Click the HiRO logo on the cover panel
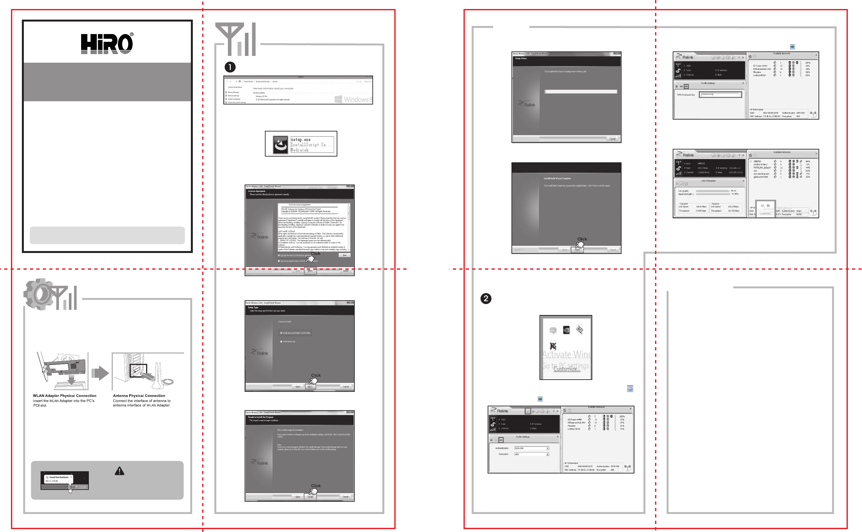tap(107, 43)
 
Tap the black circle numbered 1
tap(230, 67)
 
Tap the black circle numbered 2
tap(486, 299)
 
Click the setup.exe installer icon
tap(280, 144)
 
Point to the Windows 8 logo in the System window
tap(352, 99)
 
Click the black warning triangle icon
tap(119, 471)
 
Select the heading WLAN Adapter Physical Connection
tap(64, 396)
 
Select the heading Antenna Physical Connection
tap(139, 396)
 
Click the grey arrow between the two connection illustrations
tap(100, 373)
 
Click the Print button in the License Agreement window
tap(344, 255)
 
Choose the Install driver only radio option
tap(281, 342)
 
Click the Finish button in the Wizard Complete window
tap(577, 250)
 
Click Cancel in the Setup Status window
tap(612, 139)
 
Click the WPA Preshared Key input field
tap(720, 95)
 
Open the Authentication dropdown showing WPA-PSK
tap(531, 448)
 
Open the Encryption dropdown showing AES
tap(531, 454)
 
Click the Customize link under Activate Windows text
tap(567, 369)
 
